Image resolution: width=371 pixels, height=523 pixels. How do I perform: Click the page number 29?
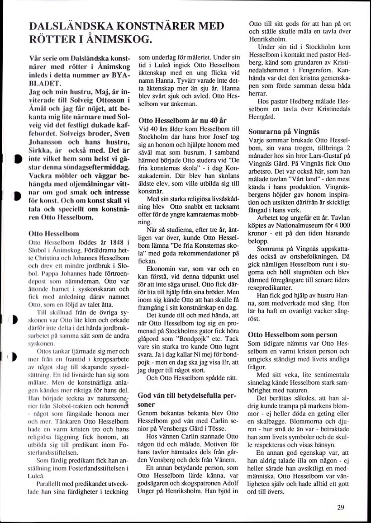point(342,507)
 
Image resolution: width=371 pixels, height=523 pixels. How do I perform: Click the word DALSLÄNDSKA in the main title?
point(66,26)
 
